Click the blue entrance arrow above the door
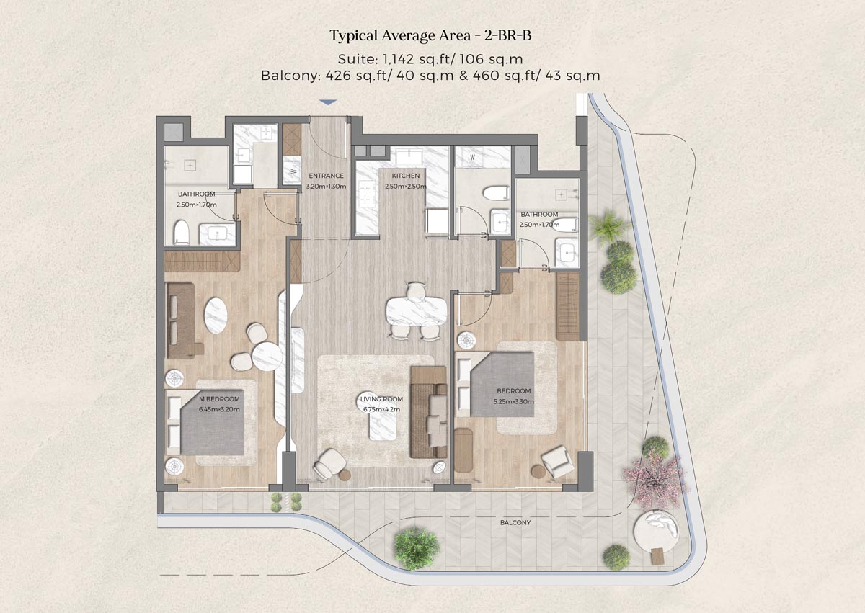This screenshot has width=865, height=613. click(x=327, y=102)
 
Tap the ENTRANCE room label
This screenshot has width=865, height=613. click(x=327, y=176)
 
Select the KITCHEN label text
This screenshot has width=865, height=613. click(x=405, y=176)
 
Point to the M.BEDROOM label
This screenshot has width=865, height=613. click(x=219, y=398)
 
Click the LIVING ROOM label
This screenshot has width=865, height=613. click(x=381, y=399)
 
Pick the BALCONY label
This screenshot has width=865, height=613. click(x=514, y=523)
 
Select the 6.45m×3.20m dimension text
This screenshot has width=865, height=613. click(x=219, y=409)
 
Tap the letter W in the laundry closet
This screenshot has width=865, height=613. click(x=472, y=157)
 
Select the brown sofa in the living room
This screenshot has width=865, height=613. click(x=425, y=413)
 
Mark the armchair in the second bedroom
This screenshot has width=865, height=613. click(x=558, y=461)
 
